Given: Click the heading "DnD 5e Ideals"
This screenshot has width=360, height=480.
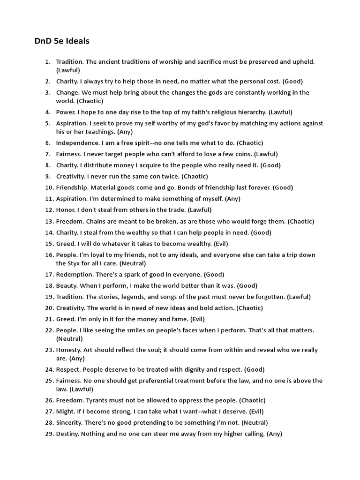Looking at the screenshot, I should click(61, 41).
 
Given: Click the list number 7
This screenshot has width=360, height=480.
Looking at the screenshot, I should click(48, 154).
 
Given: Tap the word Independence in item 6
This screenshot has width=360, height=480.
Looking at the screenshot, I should click(75, 143).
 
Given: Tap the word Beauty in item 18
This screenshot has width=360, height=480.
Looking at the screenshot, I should click(67, 286).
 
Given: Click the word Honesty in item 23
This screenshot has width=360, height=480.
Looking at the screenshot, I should click(69, 350).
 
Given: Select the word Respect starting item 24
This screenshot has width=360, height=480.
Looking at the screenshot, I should click(68, 370).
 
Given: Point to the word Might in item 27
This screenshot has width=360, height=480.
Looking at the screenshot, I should click(65, 412).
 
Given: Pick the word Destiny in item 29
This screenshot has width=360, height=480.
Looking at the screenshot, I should click(68, 434).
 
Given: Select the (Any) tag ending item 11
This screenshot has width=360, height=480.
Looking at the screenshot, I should click(232, 199).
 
